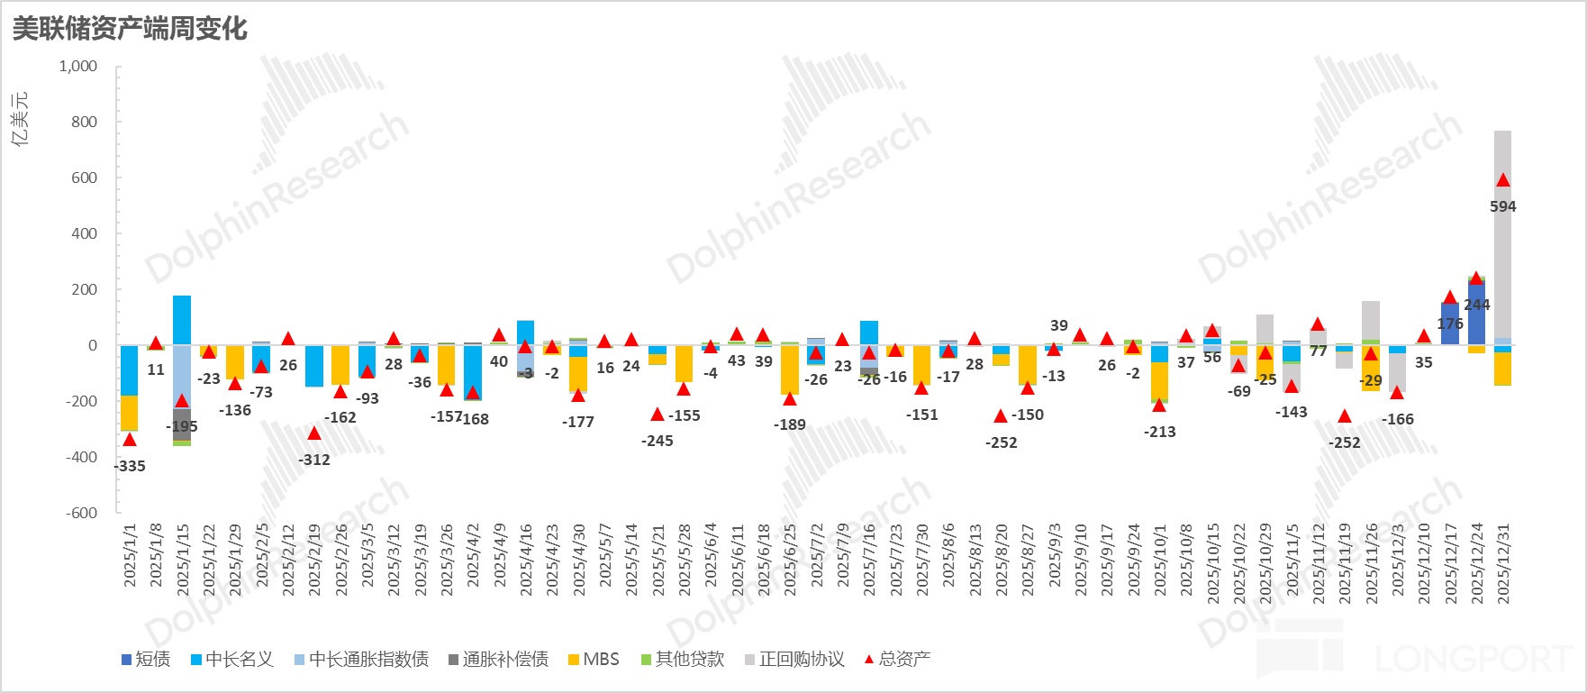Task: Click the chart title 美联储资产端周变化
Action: tap(130, 29)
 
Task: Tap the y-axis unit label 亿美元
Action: tap(20, 118)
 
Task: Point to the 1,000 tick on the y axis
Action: tap(78, 67)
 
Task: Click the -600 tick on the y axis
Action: tap(81, 513)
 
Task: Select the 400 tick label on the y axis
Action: tap(84, 233)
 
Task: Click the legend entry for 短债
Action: tap(146, 660)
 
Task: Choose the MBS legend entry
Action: tap(594, 660)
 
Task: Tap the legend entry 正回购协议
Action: tap(794, 660)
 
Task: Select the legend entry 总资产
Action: tap(897, 660)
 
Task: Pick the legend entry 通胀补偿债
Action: tap(498, 660)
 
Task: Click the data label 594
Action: tap(1502, 206)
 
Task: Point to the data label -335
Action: tap(130, 466)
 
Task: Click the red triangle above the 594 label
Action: tap(1502, 180)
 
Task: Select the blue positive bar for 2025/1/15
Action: tap(182, 320)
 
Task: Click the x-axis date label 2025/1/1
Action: tap(130, 556)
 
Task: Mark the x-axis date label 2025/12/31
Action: tap(1502, 563)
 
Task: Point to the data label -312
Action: tap(314, 460)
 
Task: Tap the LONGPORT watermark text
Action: tap(1473, 659)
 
